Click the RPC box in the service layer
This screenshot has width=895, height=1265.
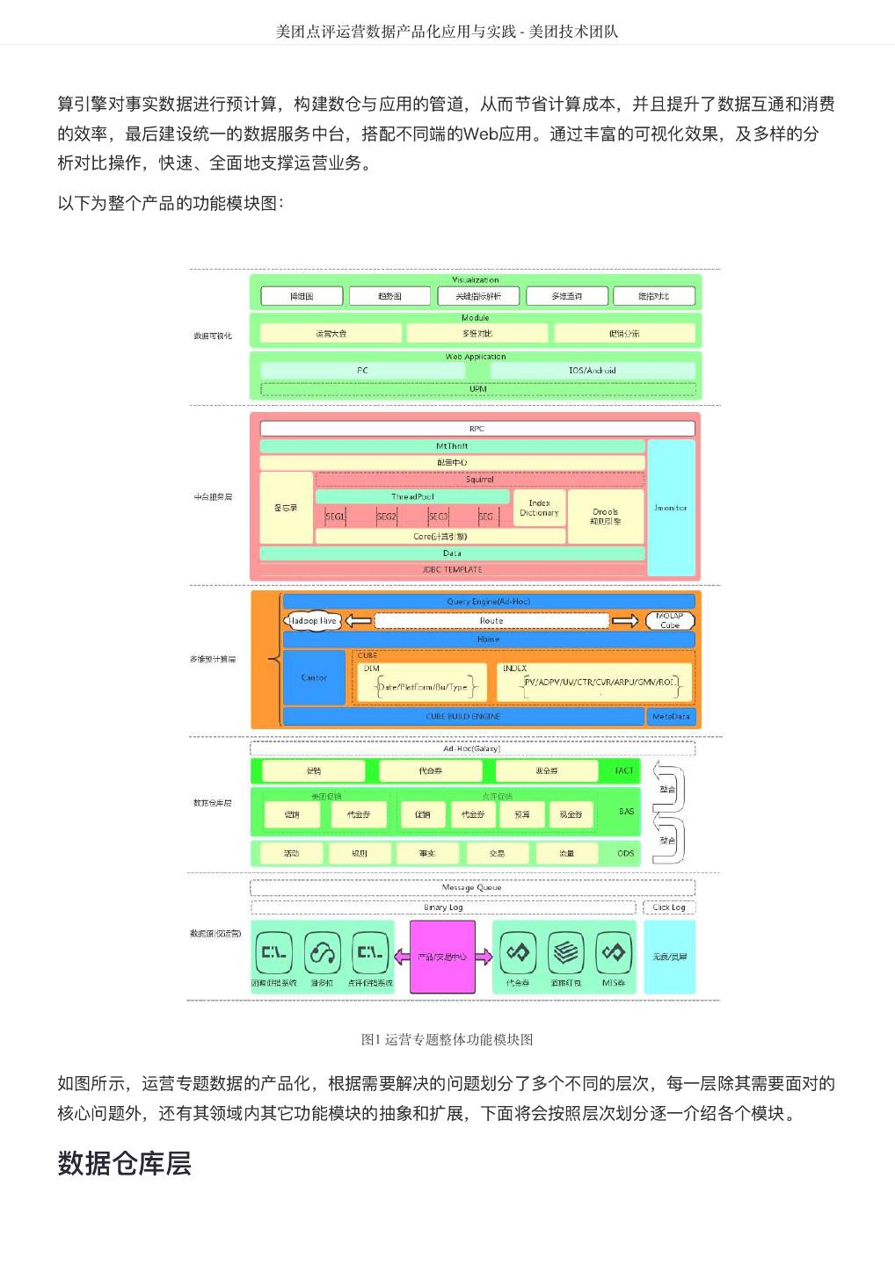477,428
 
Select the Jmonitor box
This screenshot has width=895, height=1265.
670,508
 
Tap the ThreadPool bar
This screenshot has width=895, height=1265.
412,496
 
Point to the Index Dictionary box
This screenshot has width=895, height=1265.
539,508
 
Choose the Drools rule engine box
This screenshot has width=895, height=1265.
605,516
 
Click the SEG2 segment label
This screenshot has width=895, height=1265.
387,517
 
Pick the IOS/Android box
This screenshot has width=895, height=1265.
592,371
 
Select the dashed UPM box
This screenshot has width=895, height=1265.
477,389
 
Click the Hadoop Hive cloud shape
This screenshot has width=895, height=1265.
312,621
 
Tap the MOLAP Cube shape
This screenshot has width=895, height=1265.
670,620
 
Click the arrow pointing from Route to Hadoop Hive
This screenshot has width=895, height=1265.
358,621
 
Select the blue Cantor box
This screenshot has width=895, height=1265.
314,677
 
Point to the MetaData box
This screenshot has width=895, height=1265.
671,717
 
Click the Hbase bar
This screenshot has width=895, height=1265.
488,640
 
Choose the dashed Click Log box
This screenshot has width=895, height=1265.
669,907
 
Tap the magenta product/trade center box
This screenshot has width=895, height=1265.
442,957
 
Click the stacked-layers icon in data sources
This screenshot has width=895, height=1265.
565,952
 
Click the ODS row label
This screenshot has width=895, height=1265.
625,853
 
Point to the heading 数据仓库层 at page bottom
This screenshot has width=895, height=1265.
124,1163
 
